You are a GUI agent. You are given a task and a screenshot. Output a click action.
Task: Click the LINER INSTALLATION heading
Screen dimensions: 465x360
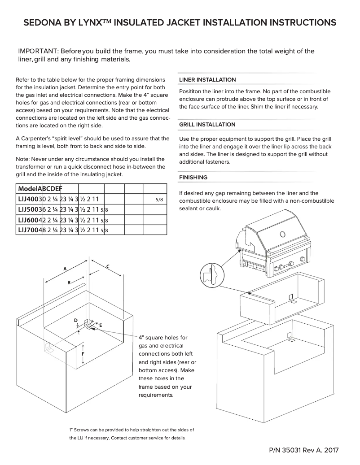point(207,80)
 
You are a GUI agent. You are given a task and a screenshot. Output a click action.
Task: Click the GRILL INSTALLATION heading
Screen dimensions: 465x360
point(207,125)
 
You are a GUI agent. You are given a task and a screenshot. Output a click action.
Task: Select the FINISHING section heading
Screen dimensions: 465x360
point(193,178)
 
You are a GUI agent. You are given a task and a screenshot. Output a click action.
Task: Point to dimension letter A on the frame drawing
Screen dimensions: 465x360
point(65,269)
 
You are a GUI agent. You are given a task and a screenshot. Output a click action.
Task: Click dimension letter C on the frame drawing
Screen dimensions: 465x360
point(108,267)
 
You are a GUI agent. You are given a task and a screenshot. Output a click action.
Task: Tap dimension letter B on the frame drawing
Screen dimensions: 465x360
point(69,282)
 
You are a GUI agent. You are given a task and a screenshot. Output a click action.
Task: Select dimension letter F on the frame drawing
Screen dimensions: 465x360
point(83,354)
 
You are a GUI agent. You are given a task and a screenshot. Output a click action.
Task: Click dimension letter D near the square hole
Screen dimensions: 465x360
point(76,320)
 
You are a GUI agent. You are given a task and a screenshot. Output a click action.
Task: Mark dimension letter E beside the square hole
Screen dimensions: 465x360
point(101,325)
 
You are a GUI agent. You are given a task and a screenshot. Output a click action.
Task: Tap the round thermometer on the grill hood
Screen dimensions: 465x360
point(282,234)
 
